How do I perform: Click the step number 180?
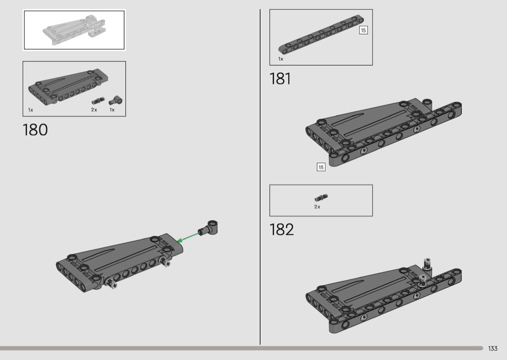pyautogui.click(x=35, y=130)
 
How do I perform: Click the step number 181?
pyautogui.click(x=280, y=79)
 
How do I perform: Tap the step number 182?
pyautogui.click(x=282, y=229)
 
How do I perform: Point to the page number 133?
pyautogui.click(x=493, y=348)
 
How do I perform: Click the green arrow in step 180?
pyautogui.click(x=188, y=237)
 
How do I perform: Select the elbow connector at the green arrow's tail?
pyautogui.click(x=208, y=227)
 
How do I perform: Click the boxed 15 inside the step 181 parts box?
pyautogui.click(x=364, y=30)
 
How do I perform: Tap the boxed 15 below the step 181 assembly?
pyautogui.click(x=321, y=167)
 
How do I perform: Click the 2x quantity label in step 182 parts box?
pyautogui.click(x=317, y=207)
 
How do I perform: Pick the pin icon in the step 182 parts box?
pyautogui.click(x=321, y=197)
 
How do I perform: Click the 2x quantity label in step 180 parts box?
pyautogui.click(x=94, y=110)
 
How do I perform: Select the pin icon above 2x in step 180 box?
pyautogui.click(x=99, y=100)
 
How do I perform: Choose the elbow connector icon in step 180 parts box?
pyautogui.click(x=115, y=100)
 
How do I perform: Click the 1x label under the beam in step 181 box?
pyautogui.click(x=281, y=59)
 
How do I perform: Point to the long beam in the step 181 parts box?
pyautogui.click(x=321, y=35)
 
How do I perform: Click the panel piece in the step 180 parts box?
pyautogui.click(x=68, y=86)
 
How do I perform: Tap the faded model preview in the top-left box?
pyautogui.click(x=74, y=30)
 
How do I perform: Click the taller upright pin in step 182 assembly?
pyautogui.click(x=427, y=263)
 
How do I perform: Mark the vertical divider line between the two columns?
pyautogui.click(x=260, y=177)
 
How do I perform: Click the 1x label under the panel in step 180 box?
pyautogui.click(x=31, y=110)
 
